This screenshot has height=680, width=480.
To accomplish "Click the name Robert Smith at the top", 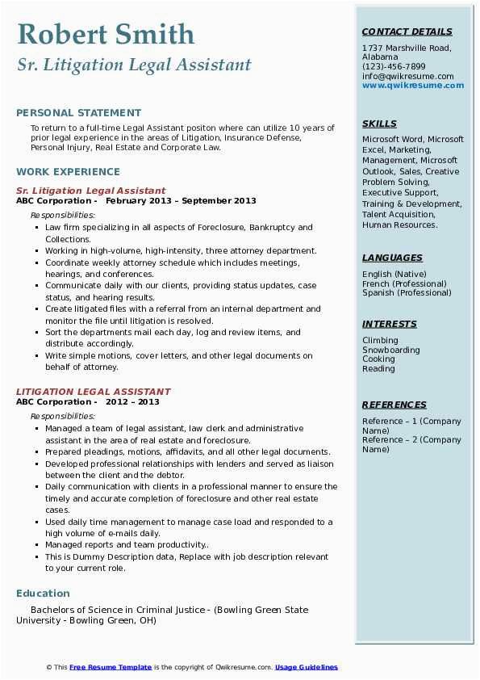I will (105, 34).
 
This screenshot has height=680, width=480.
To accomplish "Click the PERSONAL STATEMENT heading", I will (78, 113).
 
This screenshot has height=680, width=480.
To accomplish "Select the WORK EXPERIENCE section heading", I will (68, 171).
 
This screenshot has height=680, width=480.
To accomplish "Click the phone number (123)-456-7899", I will (394, 67).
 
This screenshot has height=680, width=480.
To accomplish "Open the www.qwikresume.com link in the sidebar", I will (407, 86).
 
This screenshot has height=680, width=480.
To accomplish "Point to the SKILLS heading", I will (379, 124).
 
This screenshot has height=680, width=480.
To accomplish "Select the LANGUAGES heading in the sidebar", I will (392, 258).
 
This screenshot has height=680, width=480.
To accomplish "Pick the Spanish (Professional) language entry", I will (407, 293).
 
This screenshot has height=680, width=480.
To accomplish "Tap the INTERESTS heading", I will (390, 324).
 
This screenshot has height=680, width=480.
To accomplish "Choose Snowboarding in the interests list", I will (391, 350).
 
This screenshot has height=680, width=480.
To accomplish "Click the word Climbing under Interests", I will (380, 341).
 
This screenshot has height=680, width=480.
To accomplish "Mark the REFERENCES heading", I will (394, 405).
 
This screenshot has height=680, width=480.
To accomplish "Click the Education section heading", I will (43, 593).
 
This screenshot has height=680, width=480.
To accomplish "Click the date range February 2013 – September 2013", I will (181, 201).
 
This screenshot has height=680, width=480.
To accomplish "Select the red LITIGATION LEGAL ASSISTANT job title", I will (94, 392).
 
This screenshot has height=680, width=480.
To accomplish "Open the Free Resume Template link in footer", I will (111, 667).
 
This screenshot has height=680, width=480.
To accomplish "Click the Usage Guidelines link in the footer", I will (306, 667).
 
